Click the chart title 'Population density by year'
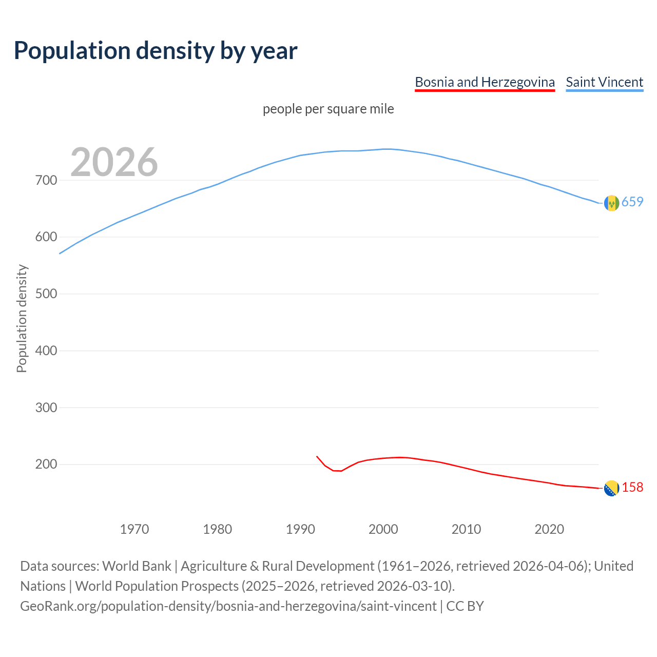pos(156,50)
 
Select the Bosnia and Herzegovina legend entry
pos(485,82)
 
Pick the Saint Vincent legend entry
pos(604,82)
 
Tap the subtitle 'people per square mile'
pos(328,109)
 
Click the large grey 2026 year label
pos(114,162)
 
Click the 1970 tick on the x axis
pos(134,529)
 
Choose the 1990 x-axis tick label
pos(300,529)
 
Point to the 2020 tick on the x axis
pos(549,529)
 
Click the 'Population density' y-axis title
pos(22,318)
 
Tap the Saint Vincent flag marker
pos(611,203)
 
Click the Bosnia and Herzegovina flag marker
pos(611,489)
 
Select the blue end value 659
pos(632,202)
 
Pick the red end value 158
pos(632,487)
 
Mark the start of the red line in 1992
pos(317,456)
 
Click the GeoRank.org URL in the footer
pos(228,606)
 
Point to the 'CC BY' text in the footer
pos(465,606)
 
